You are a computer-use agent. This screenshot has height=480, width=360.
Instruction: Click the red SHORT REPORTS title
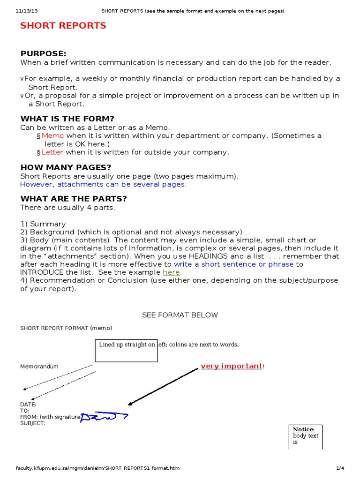[x=63, y=26]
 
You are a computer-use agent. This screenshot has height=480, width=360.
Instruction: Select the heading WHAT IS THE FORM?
[x=67, y=119]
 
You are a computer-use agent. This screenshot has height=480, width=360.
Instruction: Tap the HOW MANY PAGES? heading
[x=66, y=167]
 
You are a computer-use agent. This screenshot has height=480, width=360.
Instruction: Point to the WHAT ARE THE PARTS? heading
[x=74, y=199]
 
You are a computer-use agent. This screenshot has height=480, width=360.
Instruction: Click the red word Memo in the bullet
[x=52, y=135]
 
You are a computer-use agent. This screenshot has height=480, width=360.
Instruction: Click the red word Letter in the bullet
[x=52, y=152]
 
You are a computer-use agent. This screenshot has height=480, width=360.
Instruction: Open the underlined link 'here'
[x=171, y=272]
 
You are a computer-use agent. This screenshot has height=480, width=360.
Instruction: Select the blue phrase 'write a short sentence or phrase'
[x=233, y=264]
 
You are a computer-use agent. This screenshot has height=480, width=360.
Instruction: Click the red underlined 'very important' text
[x=232, y=366]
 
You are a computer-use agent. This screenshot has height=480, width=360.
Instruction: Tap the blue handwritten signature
[x=104, y=416]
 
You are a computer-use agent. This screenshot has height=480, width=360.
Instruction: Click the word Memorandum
[x=39, y=367]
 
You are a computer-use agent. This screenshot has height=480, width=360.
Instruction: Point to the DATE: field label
[x=28, y=404]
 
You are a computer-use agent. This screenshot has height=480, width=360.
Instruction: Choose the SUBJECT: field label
[x=33, y=423]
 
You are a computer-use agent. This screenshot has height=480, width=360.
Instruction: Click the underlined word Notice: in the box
[x=304, y=429]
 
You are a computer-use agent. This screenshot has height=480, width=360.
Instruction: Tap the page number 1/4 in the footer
[x=340, y=468]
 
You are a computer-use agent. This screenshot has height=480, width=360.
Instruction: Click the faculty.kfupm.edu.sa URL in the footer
[x=97, y=468]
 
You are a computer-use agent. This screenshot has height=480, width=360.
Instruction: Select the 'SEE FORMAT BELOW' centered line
[x=180, y=315]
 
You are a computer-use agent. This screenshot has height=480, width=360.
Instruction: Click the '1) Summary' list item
[x=43, y=224]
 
